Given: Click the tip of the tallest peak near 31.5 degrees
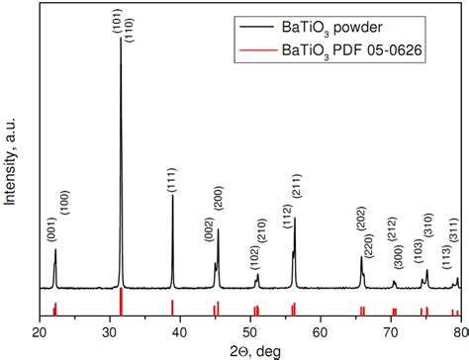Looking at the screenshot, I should coord(121,39).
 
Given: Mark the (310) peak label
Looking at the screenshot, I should coord(428,225).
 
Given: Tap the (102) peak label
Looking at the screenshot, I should coord(254,259).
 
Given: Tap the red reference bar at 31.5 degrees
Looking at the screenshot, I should coord(121,302).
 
